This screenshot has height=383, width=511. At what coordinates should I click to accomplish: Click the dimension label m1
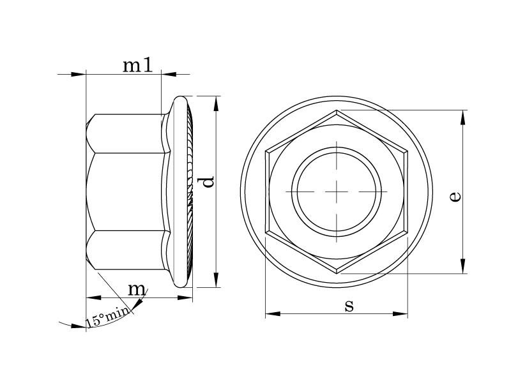(x=137, y=64)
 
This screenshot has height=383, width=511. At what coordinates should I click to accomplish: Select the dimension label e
(x=454, y=195)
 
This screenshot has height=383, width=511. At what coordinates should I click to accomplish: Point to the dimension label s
(x=349, y=306)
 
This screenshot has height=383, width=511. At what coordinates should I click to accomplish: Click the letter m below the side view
(x=137, y=289)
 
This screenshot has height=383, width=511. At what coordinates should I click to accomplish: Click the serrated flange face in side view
(x=189, y=191)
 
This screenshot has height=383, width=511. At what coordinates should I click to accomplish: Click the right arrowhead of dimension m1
(x=168, y=74)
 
